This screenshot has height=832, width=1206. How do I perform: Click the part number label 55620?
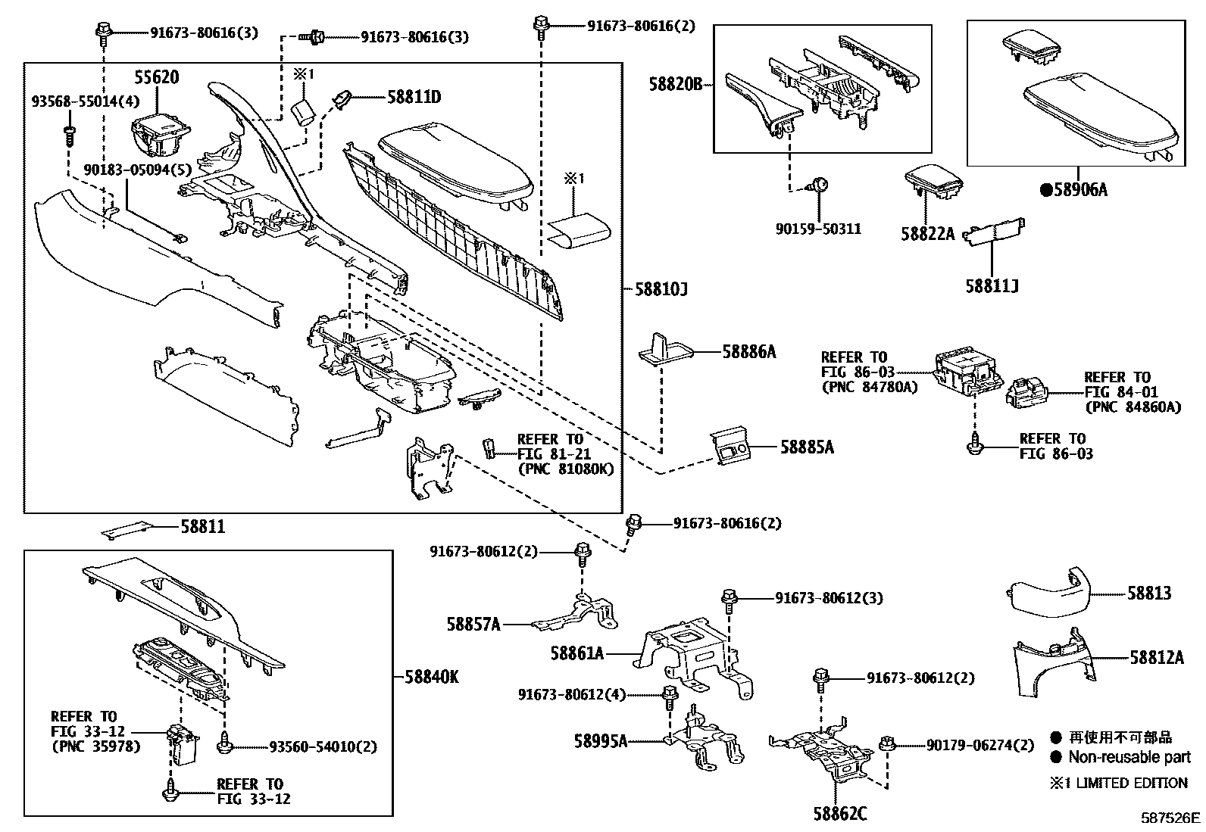(157, 76)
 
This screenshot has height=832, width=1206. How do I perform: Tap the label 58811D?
(414, 97)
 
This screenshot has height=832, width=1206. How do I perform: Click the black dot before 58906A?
(1046, 190)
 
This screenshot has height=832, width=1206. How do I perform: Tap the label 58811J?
(992, 286)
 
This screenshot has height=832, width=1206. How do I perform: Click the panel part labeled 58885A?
(733, 448)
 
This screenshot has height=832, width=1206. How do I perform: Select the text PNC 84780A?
(870, 387)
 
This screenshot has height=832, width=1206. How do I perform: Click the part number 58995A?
(600, 740)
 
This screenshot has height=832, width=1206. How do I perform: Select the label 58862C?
(840, 815)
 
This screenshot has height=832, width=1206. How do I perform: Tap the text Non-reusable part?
(1129, 757)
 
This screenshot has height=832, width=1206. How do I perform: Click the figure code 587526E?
(1171, 818)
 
